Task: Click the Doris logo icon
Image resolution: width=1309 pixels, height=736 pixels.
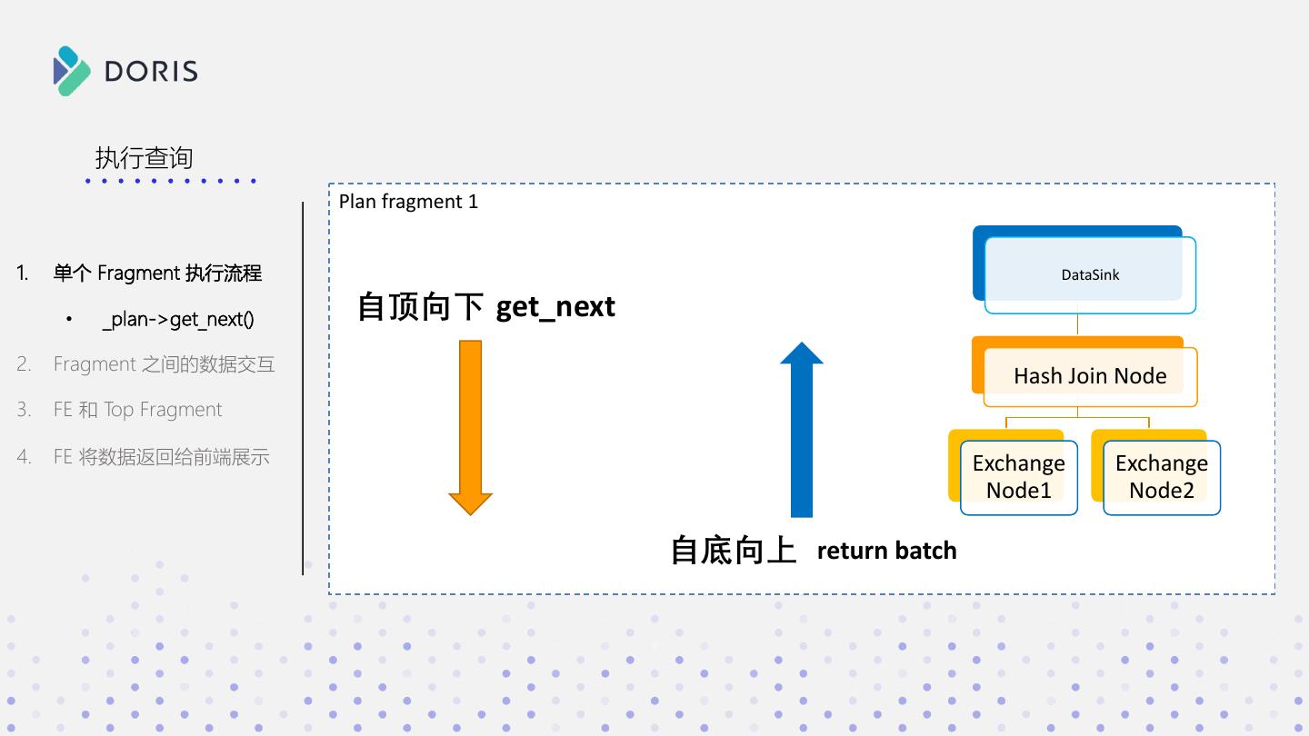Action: [72, 71]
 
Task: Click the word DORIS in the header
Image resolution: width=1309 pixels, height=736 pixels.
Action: [151, 71]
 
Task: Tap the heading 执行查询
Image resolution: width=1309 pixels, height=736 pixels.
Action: [144, 158]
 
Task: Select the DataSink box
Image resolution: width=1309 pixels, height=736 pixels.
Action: [1084, 269]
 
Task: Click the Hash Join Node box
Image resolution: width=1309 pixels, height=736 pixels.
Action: [1084, 372]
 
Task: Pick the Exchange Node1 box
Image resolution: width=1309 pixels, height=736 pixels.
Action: [1013, 472]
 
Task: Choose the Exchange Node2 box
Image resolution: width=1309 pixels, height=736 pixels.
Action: [1156, 472]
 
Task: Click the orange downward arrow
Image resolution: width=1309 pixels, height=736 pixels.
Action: [471, 428]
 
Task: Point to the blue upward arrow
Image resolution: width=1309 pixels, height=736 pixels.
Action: [802, 429]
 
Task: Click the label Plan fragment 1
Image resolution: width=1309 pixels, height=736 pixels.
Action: [408, 202]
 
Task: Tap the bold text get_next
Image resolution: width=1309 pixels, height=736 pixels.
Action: [555, 307]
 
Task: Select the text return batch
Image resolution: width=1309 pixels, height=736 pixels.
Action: [886, 551]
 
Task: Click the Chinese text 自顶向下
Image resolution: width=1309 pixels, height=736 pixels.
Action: [420, 307]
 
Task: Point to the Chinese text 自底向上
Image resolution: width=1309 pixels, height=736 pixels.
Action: [734, 551]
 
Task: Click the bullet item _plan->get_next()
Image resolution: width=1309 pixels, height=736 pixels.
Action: [178, 320]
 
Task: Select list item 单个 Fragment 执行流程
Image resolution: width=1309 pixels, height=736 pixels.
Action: [158, 273]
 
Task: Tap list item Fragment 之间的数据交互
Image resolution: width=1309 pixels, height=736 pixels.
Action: [165, 363]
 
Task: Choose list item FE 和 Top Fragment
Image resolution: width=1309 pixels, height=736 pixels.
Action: [138, 410]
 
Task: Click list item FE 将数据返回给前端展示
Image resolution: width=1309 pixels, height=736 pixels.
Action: [161, 456]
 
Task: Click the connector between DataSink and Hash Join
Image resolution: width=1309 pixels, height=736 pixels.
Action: [1077, 324]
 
